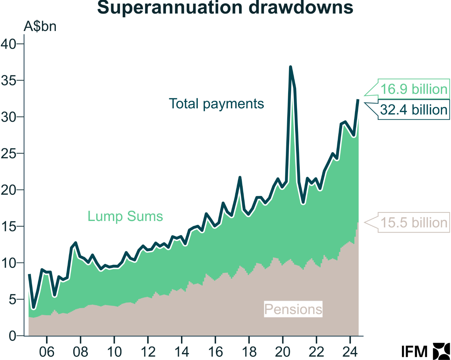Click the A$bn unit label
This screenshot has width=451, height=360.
coord(40,26)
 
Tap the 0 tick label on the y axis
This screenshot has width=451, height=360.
coord(12,336)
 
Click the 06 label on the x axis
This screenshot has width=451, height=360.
coord(47,352)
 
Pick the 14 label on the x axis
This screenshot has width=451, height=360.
coord(182,352)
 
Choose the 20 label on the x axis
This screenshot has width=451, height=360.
coord(283,352)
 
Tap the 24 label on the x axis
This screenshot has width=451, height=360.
coord(350,352)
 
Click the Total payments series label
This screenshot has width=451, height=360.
coord(216,104)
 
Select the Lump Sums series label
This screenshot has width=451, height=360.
coord(125,216)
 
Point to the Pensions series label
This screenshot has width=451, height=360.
coord(293,309)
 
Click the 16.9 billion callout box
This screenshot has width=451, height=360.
coord(414,89)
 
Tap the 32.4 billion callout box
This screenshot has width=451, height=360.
coord(414,110)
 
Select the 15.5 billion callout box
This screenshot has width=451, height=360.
coord(414,223)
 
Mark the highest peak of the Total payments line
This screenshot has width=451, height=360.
coord(290,67)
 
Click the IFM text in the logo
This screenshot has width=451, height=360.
coord(414,352)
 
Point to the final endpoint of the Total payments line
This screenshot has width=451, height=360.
coord(358,100)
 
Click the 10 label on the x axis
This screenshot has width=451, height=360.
coord(114,352)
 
